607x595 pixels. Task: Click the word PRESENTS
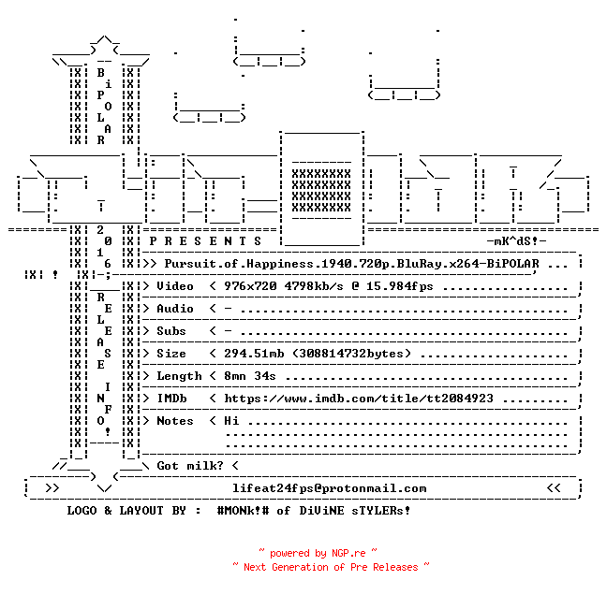tap(205, 241)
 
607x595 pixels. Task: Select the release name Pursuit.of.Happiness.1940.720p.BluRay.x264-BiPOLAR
tap(351, 264)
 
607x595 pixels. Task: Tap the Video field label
tap(175, 286)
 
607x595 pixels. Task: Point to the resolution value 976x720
tap(250, 286)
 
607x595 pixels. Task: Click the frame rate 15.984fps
tap(399, 286)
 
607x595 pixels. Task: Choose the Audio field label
tap(175, 309)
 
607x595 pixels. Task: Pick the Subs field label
tap(171, 331)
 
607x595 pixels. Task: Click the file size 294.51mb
tap(254, 354)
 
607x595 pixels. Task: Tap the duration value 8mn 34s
tap(250, 376)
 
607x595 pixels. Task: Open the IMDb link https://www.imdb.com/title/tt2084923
tap(359, 399)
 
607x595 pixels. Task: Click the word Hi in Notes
tap(231, 421)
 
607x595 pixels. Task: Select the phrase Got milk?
tap(190, 466)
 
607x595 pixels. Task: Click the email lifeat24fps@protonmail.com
tap(330, 488)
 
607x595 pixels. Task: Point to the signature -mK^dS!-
tap(516, 241)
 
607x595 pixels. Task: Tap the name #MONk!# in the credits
tap(243, 511)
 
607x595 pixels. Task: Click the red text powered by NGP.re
tap(318, 553)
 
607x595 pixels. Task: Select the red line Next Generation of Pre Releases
tap(331, 567)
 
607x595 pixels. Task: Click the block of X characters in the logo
tap(321, 191)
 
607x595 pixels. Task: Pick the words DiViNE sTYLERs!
tap(355, 511)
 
